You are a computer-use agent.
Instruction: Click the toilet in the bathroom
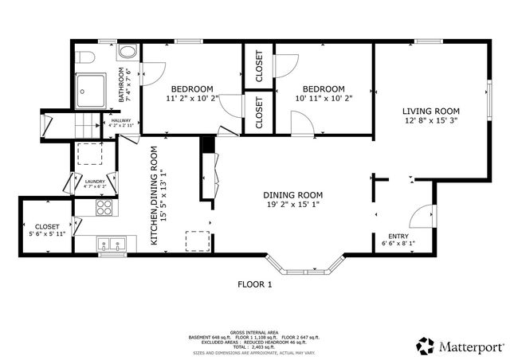(86, 58)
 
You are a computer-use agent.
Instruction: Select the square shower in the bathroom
(94, 89)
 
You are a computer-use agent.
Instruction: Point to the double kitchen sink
(113, 244)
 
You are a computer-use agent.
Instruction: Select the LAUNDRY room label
(95, 182)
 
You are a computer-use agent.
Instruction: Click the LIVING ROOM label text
(430, 111)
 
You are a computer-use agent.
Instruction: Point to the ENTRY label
(398, 236)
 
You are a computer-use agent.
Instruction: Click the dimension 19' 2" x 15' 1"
(293, 205)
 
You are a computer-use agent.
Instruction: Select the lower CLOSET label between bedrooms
(259, 113)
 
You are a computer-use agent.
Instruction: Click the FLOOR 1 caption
(255, 284)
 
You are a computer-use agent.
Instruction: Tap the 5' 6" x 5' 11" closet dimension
(46, 233)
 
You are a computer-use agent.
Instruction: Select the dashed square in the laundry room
(88, 154)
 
